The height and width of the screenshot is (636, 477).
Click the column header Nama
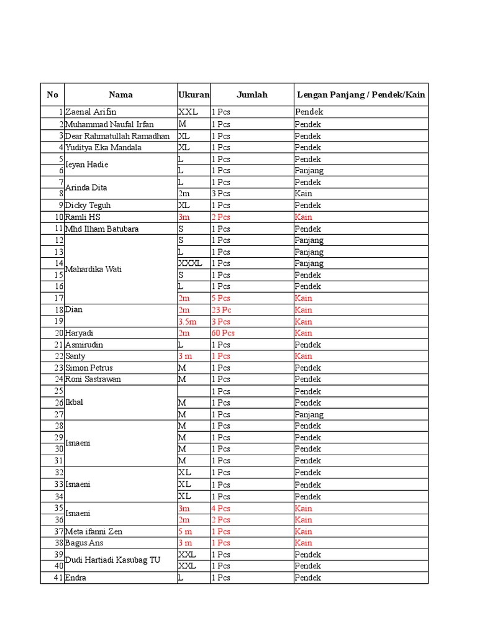pyautogui.click(x=120, y=95)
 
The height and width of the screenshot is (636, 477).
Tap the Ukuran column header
pyautogui.click(x=194, y=95)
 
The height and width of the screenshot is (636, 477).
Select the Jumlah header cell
pyautogui.click(x=252, y=95)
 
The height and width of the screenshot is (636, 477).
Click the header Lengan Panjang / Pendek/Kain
pyautogui.click(x=361, y=95)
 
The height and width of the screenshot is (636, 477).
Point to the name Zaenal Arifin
pyautogui.click(x=91, y=112)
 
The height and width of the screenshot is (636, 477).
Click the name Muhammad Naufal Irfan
pyautogui.click(x=109, y=124)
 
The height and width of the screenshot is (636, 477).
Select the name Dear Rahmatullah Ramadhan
pyautogui.click(x=117, y=136)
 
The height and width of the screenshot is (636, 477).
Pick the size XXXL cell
pyautogui.click(x=190, y=263)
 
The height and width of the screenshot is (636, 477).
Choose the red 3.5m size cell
pyautogui.click(x=188, y=322)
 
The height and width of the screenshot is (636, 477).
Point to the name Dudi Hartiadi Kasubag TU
pyautogui.click(x=112, y=560)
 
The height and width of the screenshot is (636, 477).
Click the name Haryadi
pyautogui.click(x=79, y=333)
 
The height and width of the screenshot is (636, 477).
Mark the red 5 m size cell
pyautogui.click(x=185, y=532)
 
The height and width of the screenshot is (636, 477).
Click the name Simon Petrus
pyautogui.click(x=89, y=368)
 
